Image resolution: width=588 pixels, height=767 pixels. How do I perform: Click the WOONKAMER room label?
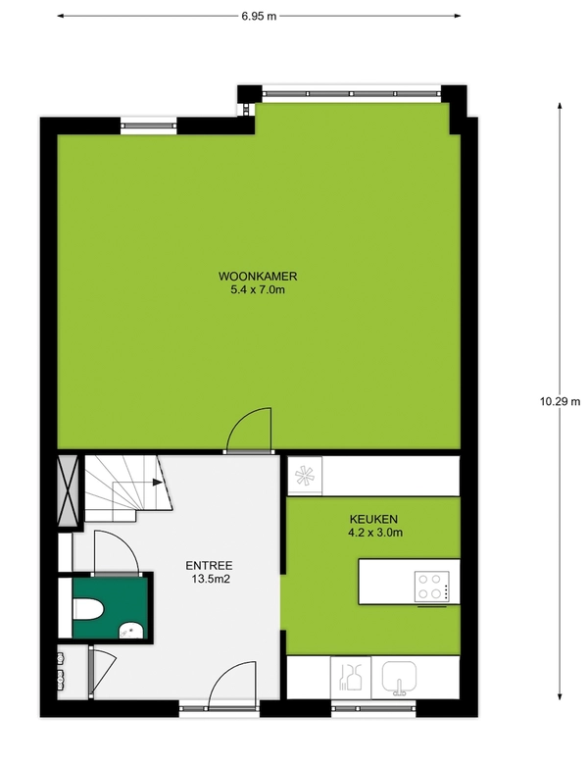(x=258, y=277)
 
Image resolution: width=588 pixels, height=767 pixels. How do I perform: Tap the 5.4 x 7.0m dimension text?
(x=258, y=290)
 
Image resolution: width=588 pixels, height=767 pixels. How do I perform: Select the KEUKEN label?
(x=373, y=519)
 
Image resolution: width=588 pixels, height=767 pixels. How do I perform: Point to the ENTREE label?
(x=209, y=566)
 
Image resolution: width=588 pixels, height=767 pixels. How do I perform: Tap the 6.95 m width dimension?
(x=259, y=16)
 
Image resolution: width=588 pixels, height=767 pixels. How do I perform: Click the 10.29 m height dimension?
(x=560, y=401)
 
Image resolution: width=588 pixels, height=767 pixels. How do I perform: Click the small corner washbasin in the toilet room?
(x=131, y=630)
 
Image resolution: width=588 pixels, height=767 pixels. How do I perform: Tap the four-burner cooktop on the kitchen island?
(x=432, y=587)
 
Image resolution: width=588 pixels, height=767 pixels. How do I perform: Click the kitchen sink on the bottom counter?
(x=399, y=678)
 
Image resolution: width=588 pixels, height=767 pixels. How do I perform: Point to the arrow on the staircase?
(x=158, y=483)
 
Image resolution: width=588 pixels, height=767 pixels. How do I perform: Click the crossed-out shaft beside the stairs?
(x=68, y=490)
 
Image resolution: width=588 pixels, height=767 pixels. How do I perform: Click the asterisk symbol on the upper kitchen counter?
(x=305, y=475)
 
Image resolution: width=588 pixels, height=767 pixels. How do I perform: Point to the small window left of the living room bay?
(x=148, y=126)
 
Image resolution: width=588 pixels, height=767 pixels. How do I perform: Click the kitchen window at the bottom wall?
(x=374, y=707)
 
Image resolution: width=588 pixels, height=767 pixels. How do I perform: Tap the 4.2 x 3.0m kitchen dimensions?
(x=375, y=533)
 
